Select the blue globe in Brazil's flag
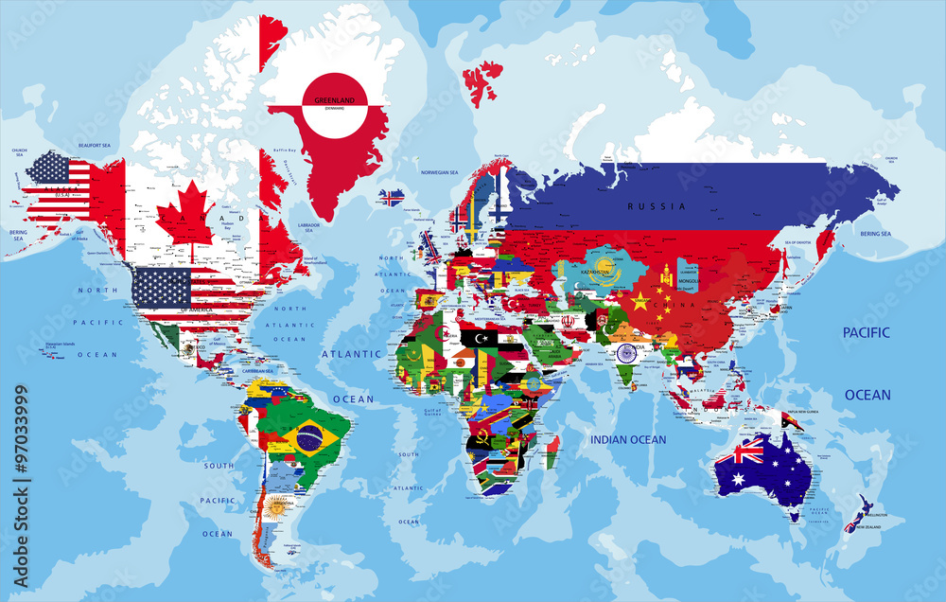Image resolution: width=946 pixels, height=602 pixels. click(x=308, y=438)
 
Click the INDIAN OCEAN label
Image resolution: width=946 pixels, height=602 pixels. click(x=628, y=440)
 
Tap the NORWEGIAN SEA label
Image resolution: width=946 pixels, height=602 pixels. click(x=439, y=172)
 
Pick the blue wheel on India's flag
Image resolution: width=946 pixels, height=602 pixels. click(x=626, y=353)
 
